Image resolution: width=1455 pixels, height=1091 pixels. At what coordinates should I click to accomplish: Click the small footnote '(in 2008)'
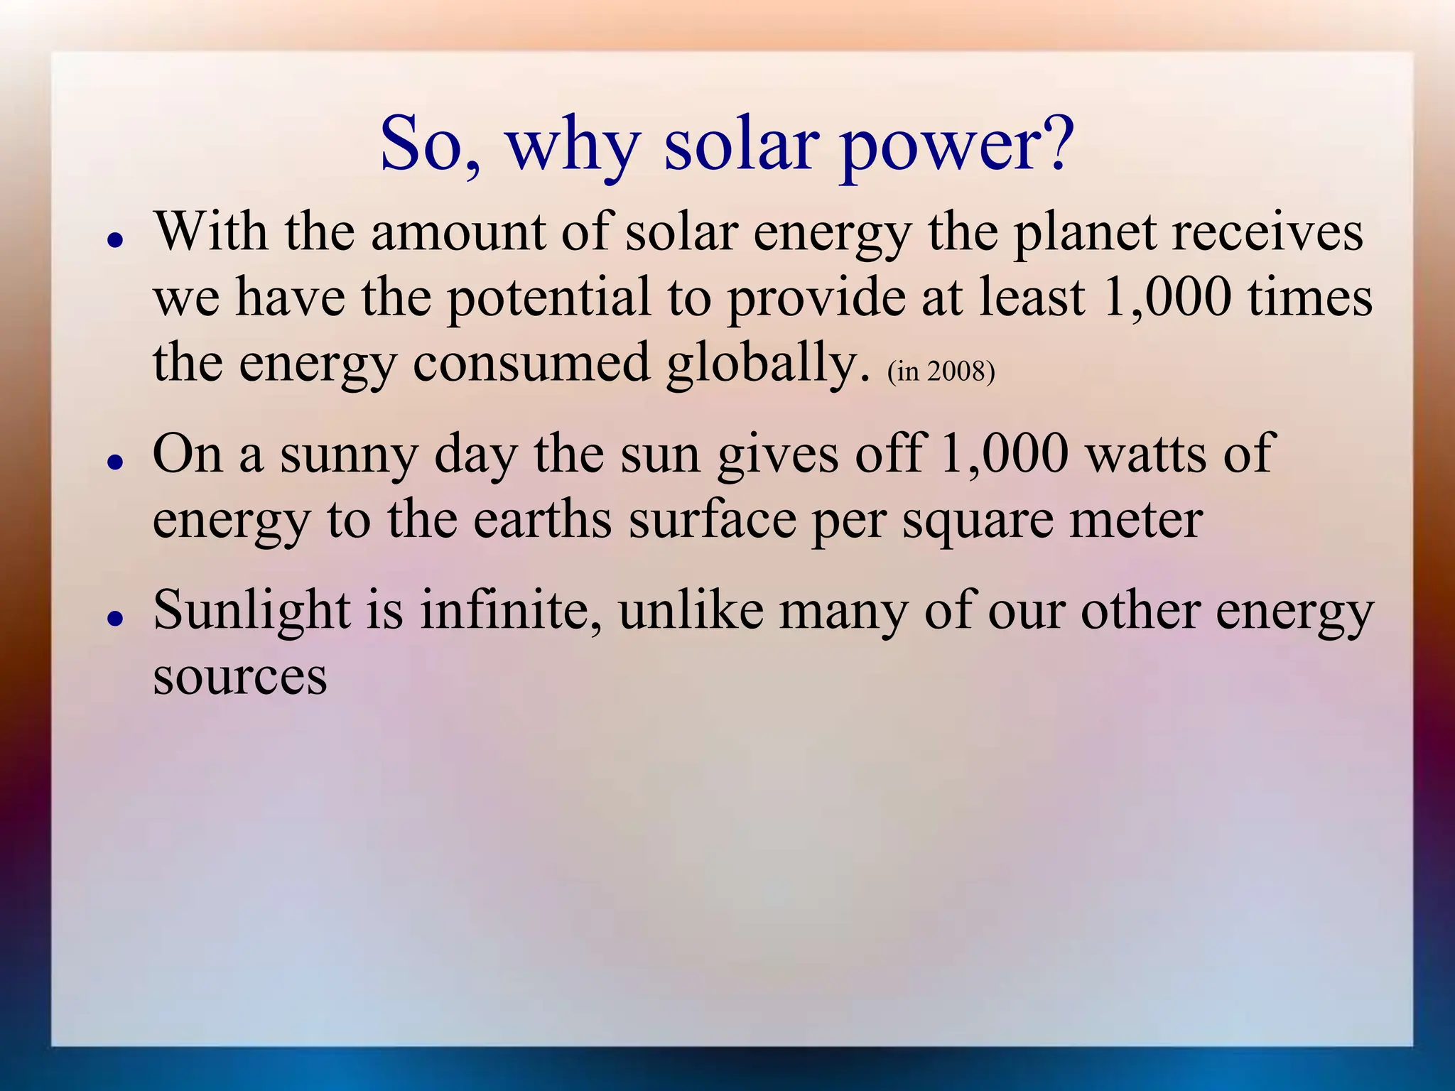941,371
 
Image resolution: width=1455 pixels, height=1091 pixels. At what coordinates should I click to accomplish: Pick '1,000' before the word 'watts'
1004,452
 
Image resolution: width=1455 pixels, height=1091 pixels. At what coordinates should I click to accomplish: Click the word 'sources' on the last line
240,675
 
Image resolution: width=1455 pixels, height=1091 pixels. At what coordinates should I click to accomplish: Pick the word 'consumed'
531,362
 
